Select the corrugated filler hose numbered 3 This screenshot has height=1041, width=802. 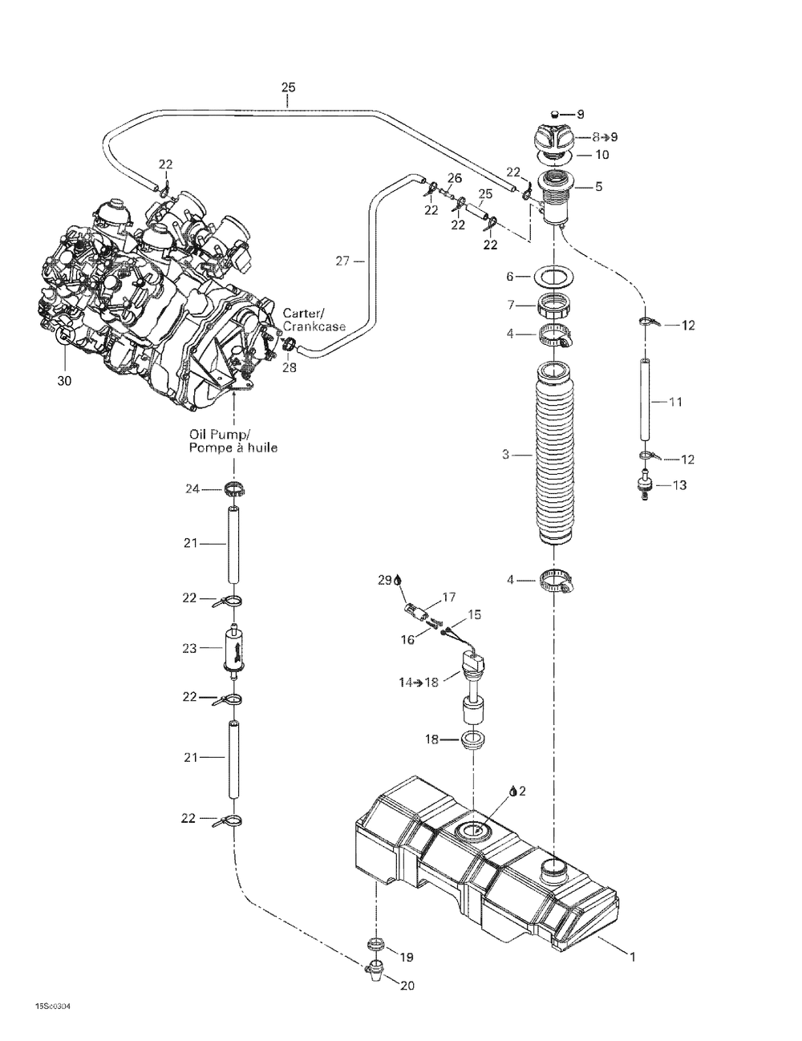pos(553,454)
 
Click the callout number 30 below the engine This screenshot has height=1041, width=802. pos(64,381)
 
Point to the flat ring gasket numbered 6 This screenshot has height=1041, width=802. pos(553,277)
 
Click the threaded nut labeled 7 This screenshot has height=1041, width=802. pos(553,305)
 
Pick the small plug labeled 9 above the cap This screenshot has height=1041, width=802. pos(554,114)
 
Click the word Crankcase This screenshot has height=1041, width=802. pos(314,326)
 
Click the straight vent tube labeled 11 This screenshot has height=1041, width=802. pos(646,399)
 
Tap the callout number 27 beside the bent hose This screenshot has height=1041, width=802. pos(342,261)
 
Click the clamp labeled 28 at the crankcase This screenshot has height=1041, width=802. pos(289,344)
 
